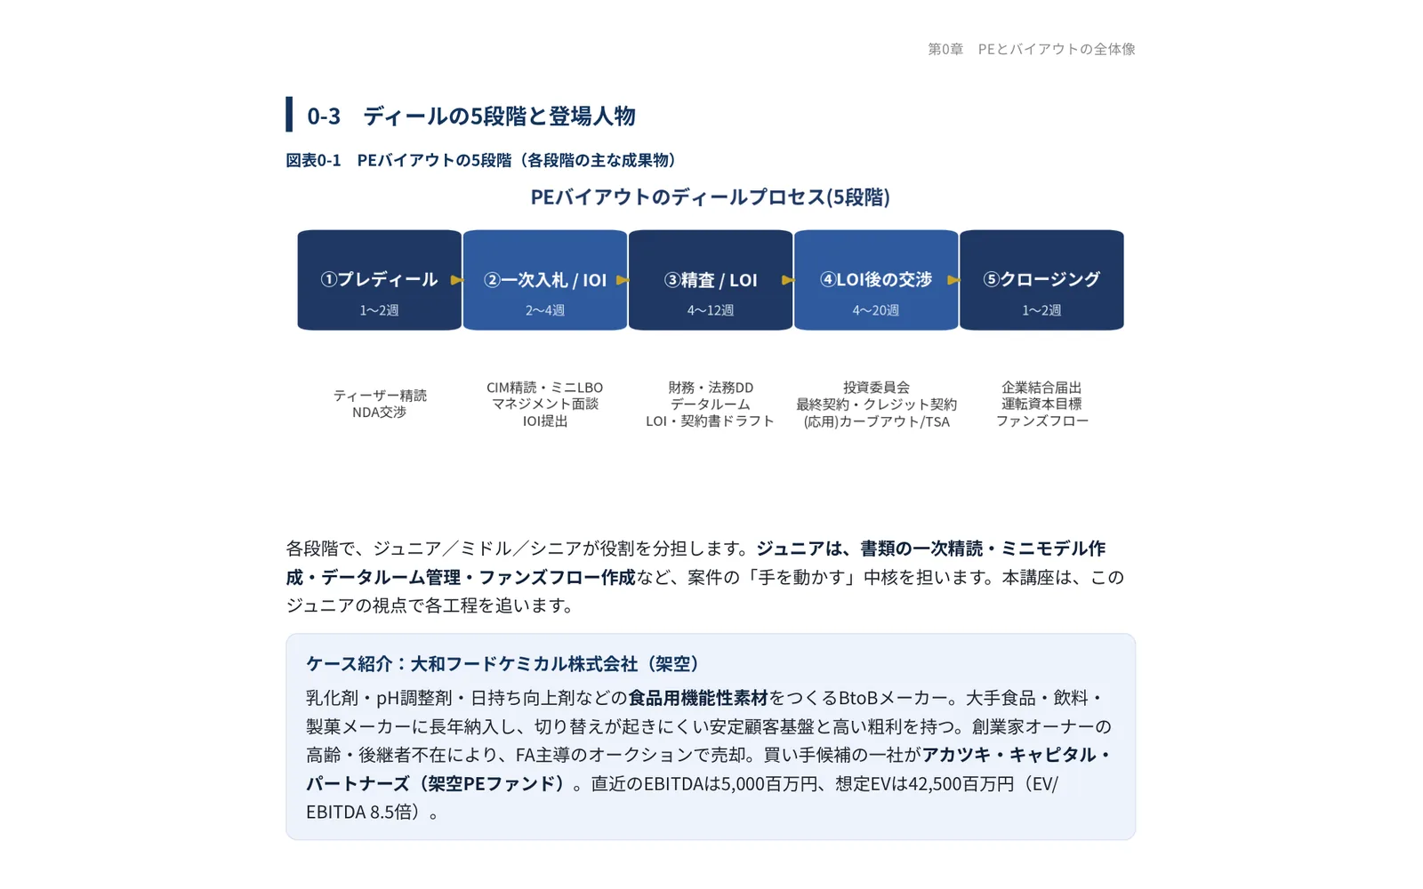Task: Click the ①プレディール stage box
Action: (379, 280)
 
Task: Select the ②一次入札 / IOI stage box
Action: (545, 280)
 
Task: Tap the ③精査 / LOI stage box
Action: (711, 280)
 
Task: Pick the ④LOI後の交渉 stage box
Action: (876, 280)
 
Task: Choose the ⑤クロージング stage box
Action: (1041, 280)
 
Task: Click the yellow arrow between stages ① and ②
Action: (457, 280)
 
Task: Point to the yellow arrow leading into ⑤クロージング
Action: (953, 280)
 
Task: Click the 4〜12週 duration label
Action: (711, 310)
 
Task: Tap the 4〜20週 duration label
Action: (876, 310)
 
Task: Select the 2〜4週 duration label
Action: (545, 310)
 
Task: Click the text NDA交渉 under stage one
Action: (379, 412)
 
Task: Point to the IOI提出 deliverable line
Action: (545, 421)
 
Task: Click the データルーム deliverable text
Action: (711, 404)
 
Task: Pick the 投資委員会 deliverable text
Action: (876, 388)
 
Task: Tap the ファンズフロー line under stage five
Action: (1041, 421)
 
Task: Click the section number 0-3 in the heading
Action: (324, 116)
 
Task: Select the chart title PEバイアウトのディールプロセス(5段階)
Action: (711, 196)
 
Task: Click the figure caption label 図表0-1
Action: (313, 160)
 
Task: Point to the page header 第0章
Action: (945, 49)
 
